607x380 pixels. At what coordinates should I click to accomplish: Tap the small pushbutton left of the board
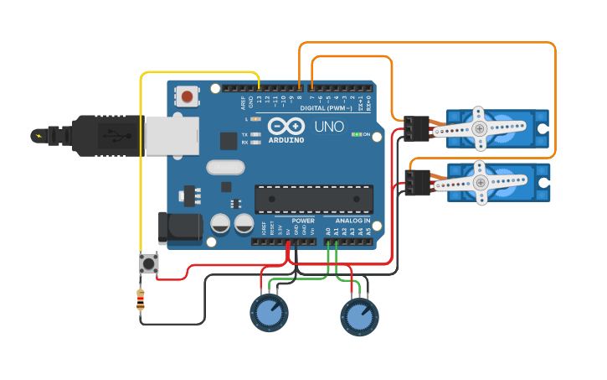coord(149,263)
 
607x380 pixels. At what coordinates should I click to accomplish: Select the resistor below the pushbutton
coord(140,299)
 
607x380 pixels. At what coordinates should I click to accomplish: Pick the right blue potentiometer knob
coord(359,316)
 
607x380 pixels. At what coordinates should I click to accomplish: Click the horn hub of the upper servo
coord(479,128)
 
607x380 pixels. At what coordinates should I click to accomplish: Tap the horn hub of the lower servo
coord(480,182)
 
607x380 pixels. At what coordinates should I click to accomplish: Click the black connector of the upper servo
coord(416,128)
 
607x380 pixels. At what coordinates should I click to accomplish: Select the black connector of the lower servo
coord(417,182)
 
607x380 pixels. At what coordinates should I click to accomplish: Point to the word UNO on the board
coord(328,127)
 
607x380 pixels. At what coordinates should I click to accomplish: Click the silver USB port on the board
coord(172,136)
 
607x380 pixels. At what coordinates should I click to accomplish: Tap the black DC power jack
coord(180,228)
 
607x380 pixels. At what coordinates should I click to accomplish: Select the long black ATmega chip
coord(313,199)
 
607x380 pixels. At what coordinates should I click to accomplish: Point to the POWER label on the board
coord(303,221)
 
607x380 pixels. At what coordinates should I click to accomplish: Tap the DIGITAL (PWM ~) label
coord(326,108)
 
